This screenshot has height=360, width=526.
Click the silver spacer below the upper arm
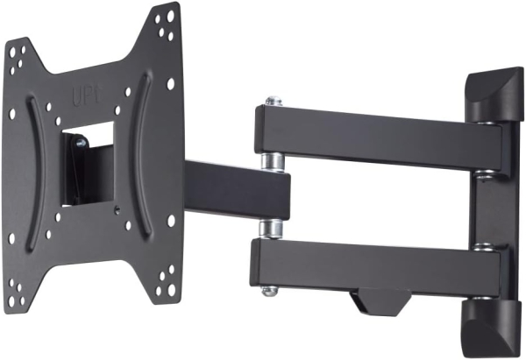coord(273,162)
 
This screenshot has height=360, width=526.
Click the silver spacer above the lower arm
coord(272,229)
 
